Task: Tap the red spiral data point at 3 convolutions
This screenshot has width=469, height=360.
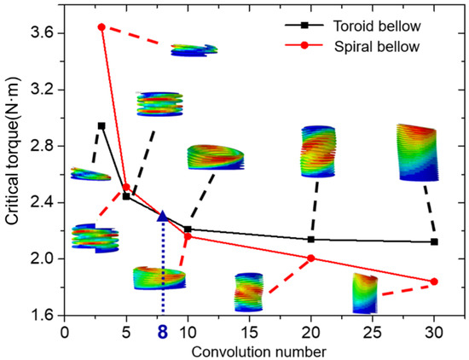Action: coord(101,26)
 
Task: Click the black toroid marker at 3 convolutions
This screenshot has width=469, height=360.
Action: coord(101,125)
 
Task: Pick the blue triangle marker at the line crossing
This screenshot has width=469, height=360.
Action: coord(163,217)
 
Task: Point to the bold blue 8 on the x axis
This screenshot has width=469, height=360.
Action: coord(162,328)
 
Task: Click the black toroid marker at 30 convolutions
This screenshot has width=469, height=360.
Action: coord(435,241)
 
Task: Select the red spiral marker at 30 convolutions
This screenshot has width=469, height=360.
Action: coord(435,282)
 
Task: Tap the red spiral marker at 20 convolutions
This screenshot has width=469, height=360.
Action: coord(310,258)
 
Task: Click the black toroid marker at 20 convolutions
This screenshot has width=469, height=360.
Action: coord(310,239)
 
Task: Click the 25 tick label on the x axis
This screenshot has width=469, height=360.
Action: coord(373,328)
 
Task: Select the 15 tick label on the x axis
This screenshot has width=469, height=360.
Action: coord(249,328)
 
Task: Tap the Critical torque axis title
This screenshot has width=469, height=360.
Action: coord(13,171)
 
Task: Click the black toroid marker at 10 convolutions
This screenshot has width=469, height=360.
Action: coord(188,229)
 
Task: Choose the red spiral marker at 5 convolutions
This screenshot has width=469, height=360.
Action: coord(126,187)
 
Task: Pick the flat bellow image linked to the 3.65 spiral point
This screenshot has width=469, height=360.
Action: coord(194,50)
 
